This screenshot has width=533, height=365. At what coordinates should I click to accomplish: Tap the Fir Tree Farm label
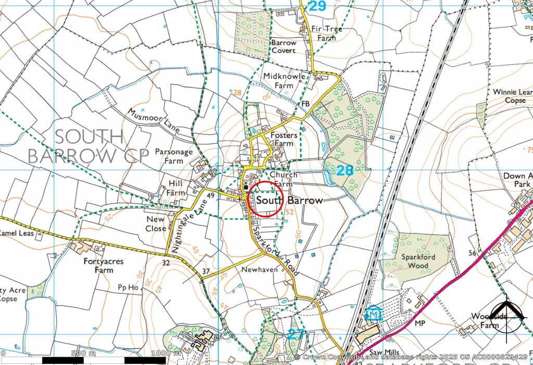327,33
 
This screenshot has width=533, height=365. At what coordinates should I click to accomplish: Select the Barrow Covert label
284,46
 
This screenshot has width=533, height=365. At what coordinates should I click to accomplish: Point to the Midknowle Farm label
285,81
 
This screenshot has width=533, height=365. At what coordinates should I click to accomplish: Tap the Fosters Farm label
284,139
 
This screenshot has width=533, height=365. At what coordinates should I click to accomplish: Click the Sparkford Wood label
415,261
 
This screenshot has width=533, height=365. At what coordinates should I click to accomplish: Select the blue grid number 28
345,170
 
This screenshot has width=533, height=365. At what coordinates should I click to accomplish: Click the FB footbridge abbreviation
306,104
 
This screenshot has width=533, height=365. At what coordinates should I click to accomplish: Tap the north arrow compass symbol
507,316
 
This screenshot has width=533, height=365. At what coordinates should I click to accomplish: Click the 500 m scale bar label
83,354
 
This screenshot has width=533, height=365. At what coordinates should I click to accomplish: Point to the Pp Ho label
128,286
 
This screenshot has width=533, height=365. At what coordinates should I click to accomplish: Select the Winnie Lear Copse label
513,96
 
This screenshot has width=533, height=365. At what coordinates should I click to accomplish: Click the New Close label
156,224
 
